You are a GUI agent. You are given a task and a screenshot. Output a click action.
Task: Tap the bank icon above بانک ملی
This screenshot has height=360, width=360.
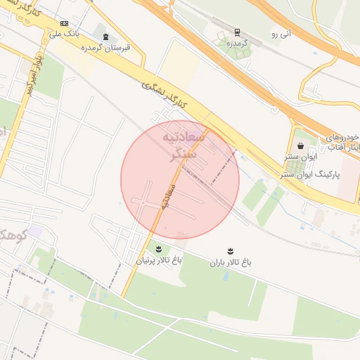[x=65, y=23]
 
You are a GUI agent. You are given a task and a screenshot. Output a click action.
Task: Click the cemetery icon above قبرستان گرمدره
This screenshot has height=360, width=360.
[x=105, y=37]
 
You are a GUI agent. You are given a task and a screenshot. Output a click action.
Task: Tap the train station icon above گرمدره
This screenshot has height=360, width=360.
[x=237, y=32]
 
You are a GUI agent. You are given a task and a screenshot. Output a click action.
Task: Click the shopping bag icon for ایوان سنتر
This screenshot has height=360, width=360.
[x=301, y=146]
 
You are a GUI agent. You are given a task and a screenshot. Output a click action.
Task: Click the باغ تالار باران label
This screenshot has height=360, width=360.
[x=230, y=262]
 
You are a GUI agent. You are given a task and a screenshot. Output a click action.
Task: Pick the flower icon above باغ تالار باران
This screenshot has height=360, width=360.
[x=230, y=251]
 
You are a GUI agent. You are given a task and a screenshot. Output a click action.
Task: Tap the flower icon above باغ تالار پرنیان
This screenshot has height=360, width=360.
[x=157, y=249]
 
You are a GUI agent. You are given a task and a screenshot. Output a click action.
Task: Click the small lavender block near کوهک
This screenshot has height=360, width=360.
[x=34, y=231]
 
